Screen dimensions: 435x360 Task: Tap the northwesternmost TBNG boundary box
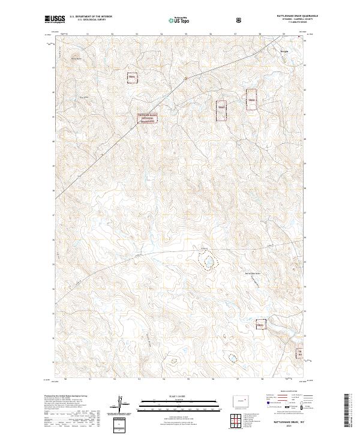point(132,77)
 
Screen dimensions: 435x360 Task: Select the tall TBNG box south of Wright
point(252,100)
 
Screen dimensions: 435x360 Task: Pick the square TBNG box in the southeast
point(262,324)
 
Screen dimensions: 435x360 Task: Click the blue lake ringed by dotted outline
point(208,262)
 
